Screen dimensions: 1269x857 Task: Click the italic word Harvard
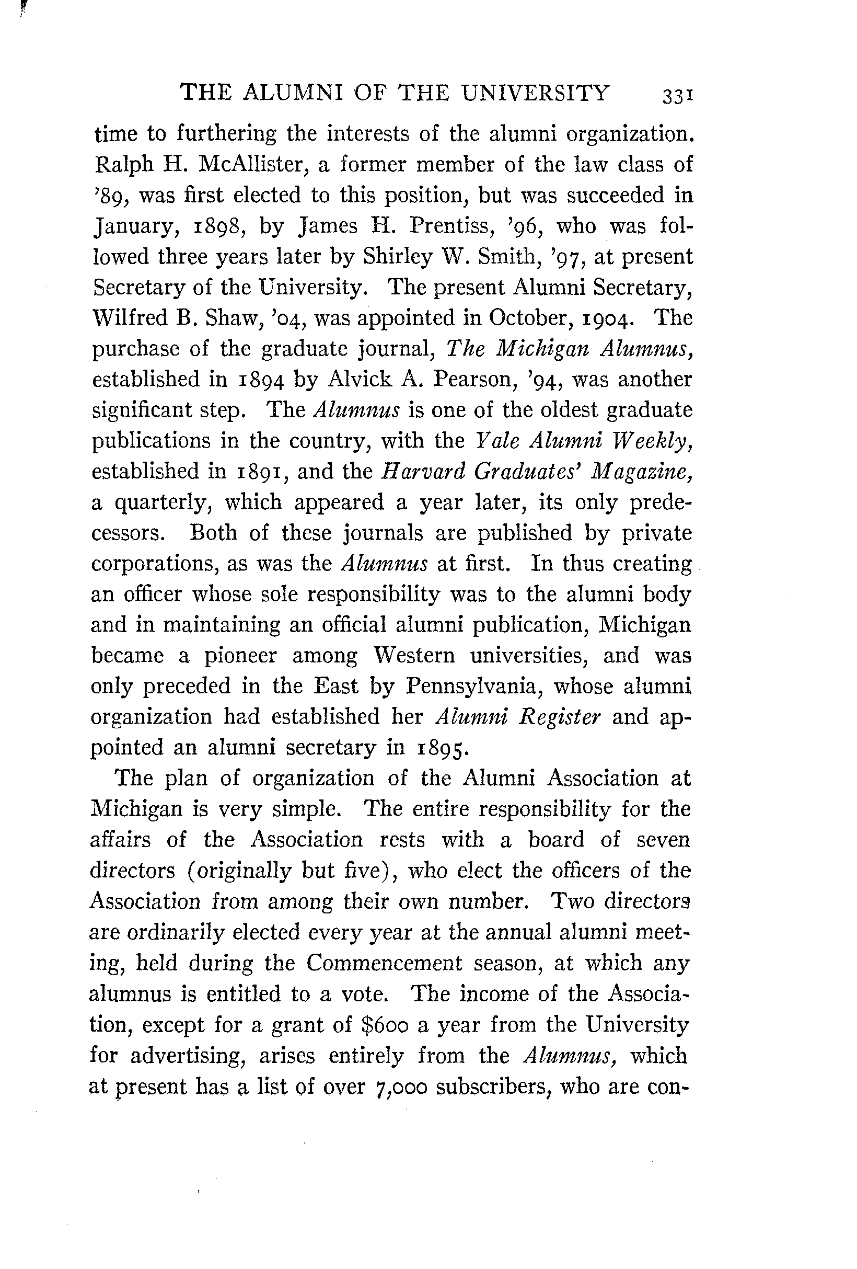coord(420,471)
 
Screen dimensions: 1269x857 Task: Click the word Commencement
coord(384,962)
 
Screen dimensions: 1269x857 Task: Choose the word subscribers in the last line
coord(492,1086)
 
